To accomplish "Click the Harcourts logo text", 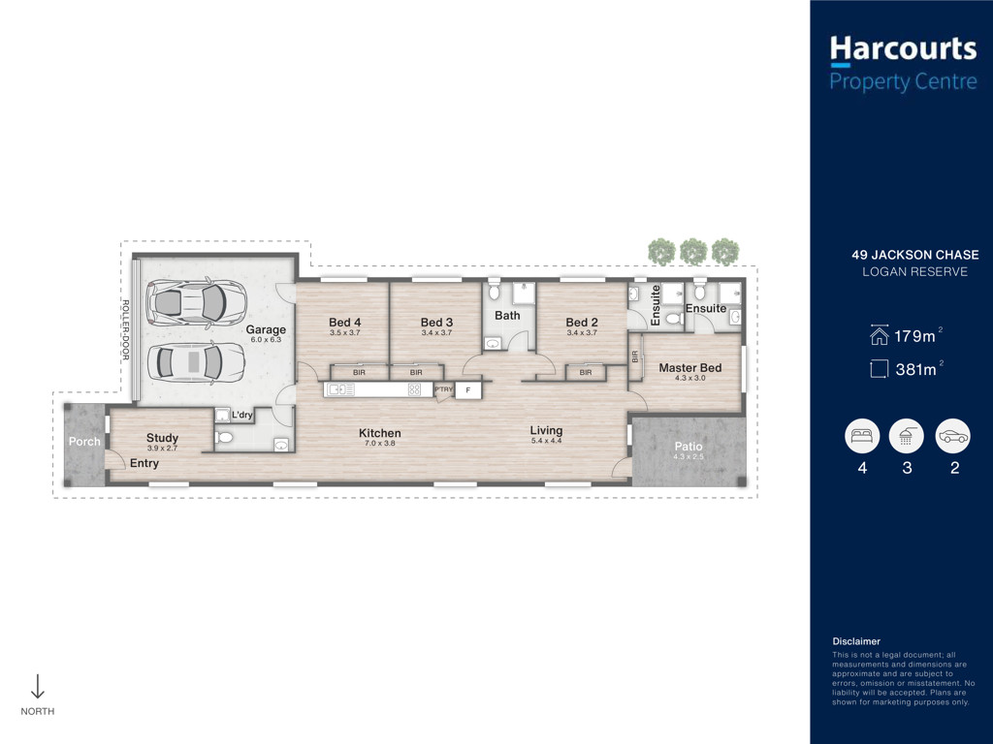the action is pos(903,49).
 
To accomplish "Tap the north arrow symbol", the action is pos(38,686).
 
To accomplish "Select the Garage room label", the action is pos(266,329).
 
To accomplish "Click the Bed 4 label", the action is pos(344,323).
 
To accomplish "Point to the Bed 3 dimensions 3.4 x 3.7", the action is pos(437,333).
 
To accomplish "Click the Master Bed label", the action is pos(690,367).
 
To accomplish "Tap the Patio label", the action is pos(689,446).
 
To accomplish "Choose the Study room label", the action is pos(162,438).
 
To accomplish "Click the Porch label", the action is pos(84,442).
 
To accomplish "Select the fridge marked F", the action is pos(468,389).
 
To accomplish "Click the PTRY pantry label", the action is pos(444,389).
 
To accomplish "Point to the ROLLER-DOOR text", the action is pos(125,330).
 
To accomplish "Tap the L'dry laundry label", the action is pos(241,415).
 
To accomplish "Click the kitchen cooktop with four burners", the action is pos(414,389).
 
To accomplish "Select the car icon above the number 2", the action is pos(953,437).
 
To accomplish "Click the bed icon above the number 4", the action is pos(862,437).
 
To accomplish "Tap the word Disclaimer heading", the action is pos(856,641).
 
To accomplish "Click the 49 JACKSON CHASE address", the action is pos(915,255).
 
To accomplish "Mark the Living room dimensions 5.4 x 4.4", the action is pos(547,441).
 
